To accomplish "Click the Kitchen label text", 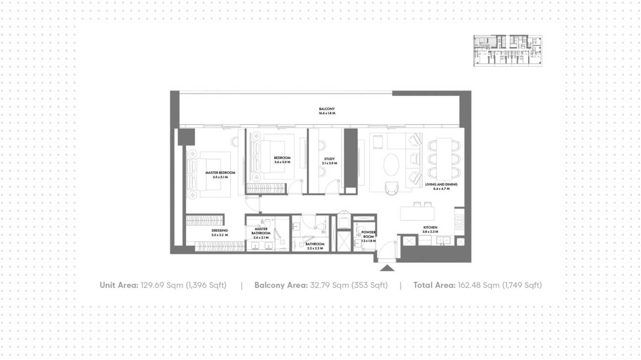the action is click(x=430, y=227).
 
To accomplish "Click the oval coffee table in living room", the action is click(x=391, y=165).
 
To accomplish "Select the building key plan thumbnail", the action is click(x=508, y=51).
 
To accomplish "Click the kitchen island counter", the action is click(x=417, y=213).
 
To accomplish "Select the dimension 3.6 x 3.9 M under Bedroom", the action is click(x=282, y=162).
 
